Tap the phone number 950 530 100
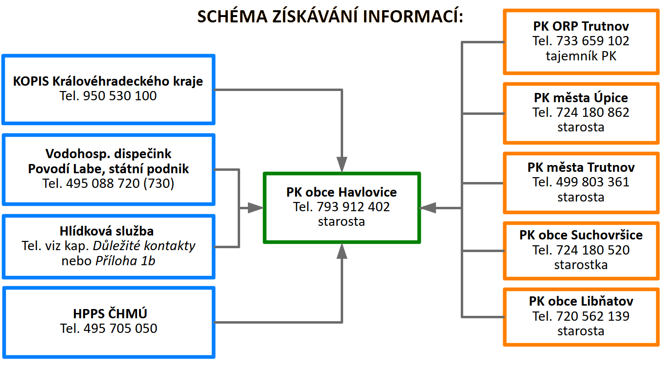[x=120, y=96]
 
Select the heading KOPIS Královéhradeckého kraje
[x=108, y=81]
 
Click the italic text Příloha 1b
[x=125, y=260]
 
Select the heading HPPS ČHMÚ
[x=108, y=314]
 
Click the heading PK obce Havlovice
[x=341, y=192]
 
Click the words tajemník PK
[x=581, y=56]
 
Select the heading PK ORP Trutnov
[x=581, y=27]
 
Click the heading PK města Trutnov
[x=581, y=168]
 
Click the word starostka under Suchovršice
[x=581, y=265]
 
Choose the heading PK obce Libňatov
[x=581, y=301]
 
